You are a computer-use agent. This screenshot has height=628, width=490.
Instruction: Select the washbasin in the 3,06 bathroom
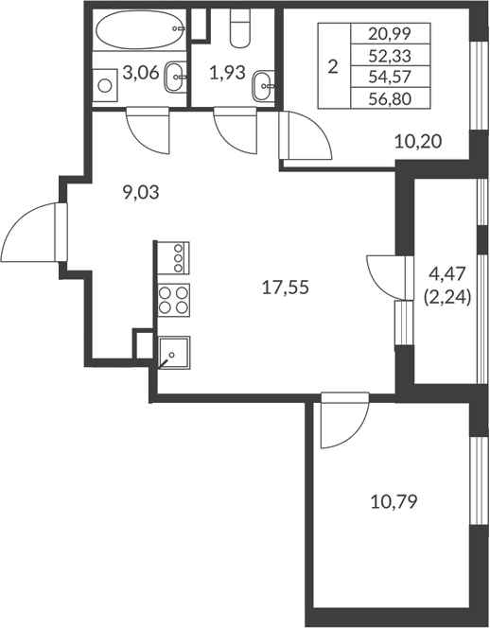[174, 78]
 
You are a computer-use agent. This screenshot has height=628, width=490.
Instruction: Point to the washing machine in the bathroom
[103, 83]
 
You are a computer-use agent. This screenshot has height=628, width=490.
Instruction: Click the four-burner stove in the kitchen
[172, 300]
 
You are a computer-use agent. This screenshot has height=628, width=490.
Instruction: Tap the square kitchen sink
[173, 353]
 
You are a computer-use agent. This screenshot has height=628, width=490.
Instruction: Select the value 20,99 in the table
[399, 33]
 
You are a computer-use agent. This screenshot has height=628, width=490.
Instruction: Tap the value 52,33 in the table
[399, 54]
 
